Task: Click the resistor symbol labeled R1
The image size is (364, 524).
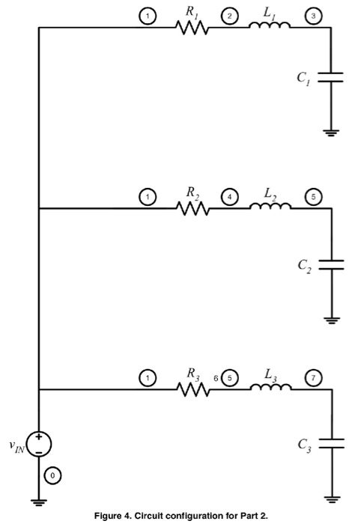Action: coord(192,28)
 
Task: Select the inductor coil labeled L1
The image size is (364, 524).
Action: coord(270,27)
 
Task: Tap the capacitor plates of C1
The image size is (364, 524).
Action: coord(330,77)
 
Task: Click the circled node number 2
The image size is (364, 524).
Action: coord(228,16)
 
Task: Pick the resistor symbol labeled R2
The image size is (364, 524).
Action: coord(192,209)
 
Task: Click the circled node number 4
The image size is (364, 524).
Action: coord(228,197)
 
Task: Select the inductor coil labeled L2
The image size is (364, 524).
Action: coord(270,208)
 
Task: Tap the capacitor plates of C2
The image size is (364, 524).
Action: coord(330,263)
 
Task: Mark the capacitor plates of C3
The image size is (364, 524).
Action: coord(330,443)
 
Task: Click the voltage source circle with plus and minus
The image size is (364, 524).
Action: coord(39,442)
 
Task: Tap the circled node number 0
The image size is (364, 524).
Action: coord(52,475)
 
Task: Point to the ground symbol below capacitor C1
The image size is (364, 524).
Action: coord(330,133)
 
